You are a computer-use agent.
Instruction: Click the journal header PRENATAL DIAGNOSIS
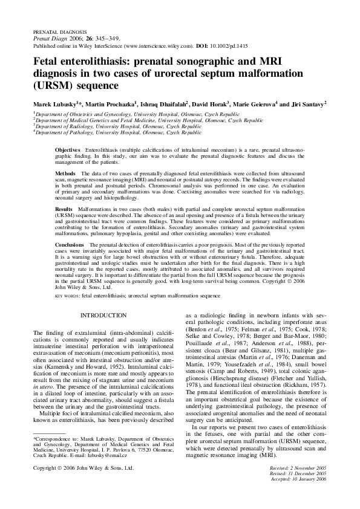(59, 30)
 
